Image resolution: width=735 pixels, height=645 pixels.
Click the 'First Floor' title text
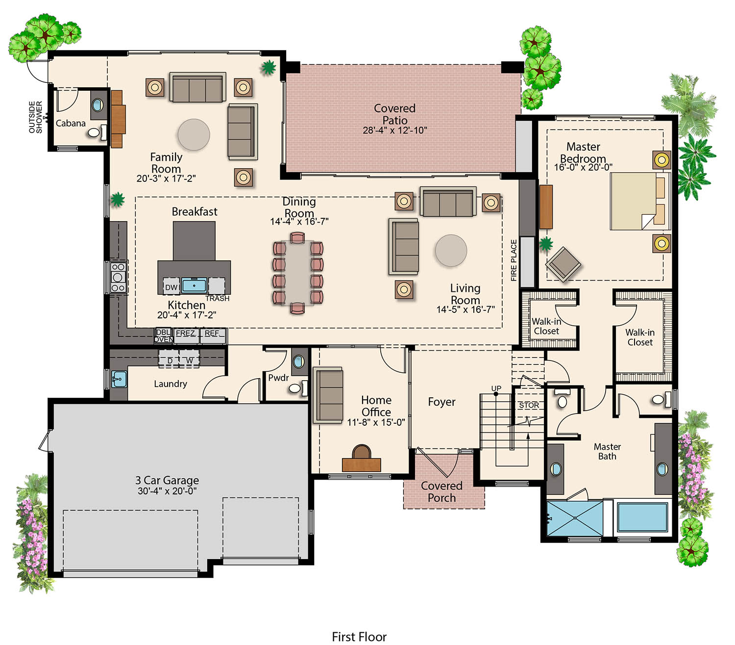[359, 637]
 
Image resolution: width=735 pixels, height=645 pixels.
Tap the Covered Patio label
[394, 114]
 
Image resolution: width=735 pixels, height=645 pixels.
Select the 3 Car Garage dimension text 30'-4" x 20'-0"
[167, 491]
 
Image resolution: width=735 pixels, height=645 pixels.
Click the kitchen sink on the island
[194, 285]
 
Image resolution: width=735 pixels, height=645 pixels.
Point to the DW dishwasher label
[171, 287]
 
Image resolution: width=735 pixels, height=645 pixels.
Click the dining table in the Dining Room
[297, 273]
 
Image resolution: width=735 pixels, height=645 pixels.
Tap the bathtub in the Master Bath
[642, 517]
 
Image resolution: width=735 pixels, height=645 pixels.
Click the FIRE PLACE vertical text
[514, 260]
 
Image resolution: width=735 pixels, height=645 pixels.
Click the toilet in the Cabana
[94, 132]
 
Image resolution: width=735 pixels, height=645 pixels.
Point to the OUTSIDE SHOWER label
[36, 117]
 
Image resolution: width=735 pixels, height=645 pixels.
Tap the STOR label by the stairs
[529, 406]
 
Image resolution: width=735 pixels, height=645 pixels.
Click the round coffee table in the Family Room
[194, 135]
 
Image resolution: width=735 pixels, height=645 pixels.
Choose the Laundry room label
[171, 384]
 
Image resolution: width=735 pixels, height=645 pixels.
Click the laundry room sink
[119, 379]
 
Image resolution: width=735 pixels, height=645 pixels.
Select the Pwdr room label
[278, 378]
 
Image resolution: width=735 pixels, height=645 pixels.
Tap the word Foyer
[441, 402]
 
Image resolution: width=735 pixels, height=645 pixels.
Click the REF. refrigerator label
[212, 334]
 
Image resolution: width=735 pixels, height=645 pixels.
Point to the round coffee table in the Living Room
[451, 251]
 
